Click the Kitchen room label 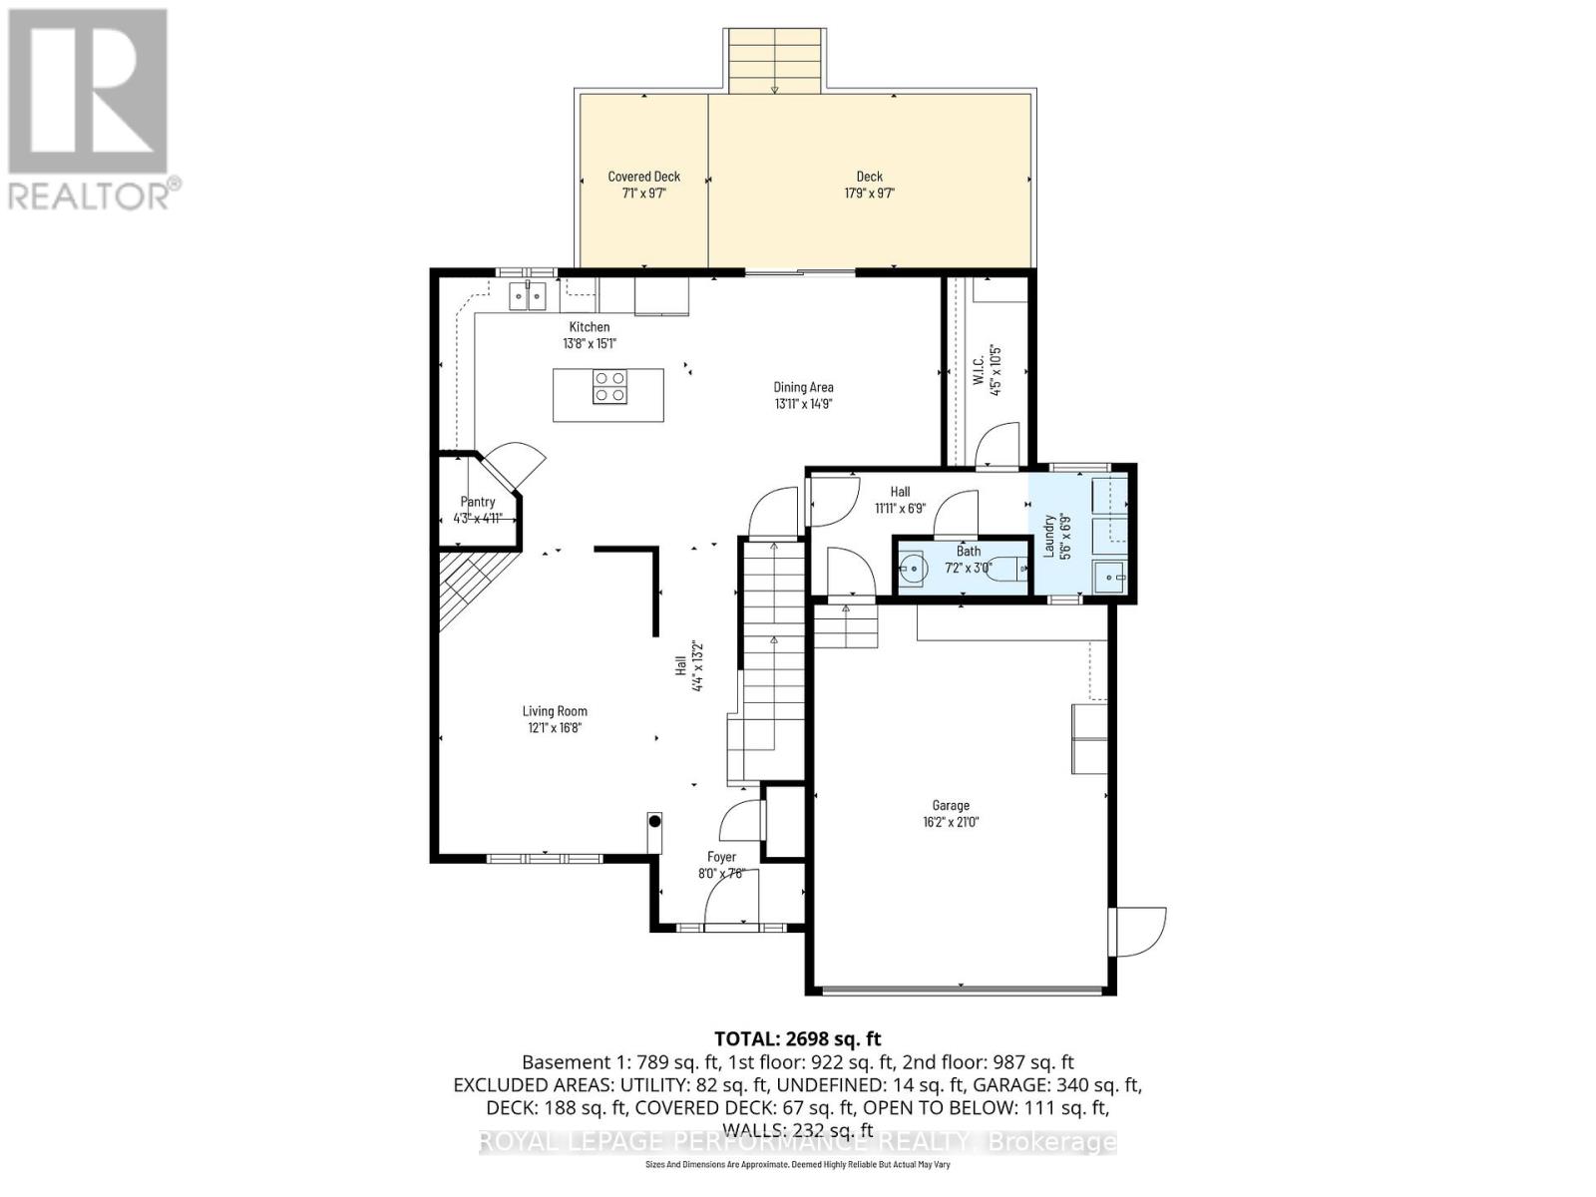(589, 327)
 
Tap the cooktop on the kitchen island (609, 386)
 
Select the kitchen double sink (528, 295)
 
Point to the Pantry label (478, 502)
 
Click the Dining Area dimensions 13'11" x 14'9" (803, 404)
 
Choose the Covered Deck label (643, 177)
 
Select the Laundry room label (1049, 536)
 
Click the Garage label (951, 805)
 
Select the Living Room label (555, 711)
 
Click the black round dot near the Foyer (655, 822)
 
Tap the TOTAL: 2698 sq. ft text (797, 1038)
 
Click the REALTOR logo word (90, 195)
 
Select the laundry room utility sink (1110, 577)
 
